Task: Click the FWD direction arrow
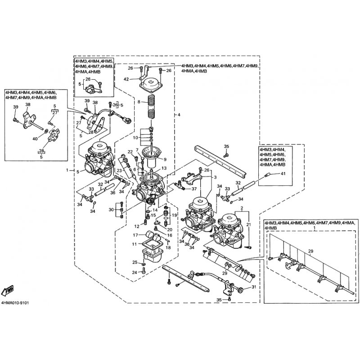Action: (8, 291)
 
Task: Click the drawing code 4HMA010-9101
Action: (15, 303)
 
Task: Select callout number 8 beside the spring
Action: (139, 102)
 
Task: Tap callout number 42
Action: (126, 79)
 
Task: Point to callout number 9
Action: (165, 159)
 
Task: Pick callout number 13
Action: (164, 168)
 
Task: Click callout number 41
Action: (283, 174)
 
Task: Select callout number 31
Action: (254, 287)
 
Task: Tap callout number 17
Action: (135, 235)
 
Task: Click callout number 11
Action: (135, 244)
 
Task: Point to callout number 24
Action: (135, 272)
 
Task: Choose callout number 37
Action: (194, 189)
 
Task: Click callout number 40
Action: (35, 139)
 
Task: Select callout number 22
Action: (130, 152)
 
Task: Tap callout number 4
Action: (179, 114)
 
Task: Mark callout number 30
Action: (111, 210)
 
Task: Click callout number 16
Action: (170, 235)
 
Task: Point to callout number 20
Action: (170, 229)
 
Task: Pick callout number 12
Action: (137, 226)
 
